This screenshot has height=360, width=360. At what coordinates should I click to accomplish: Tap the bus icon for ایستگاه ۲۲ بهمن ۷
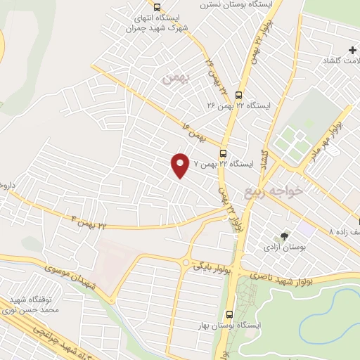[223, 153]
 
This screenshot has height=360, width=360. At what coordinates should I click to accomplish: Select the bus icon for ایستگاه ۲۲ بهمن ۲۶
[238, 95]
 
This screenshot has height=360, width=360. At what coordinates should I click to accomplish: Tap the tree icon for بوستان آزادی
[284, 237]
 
